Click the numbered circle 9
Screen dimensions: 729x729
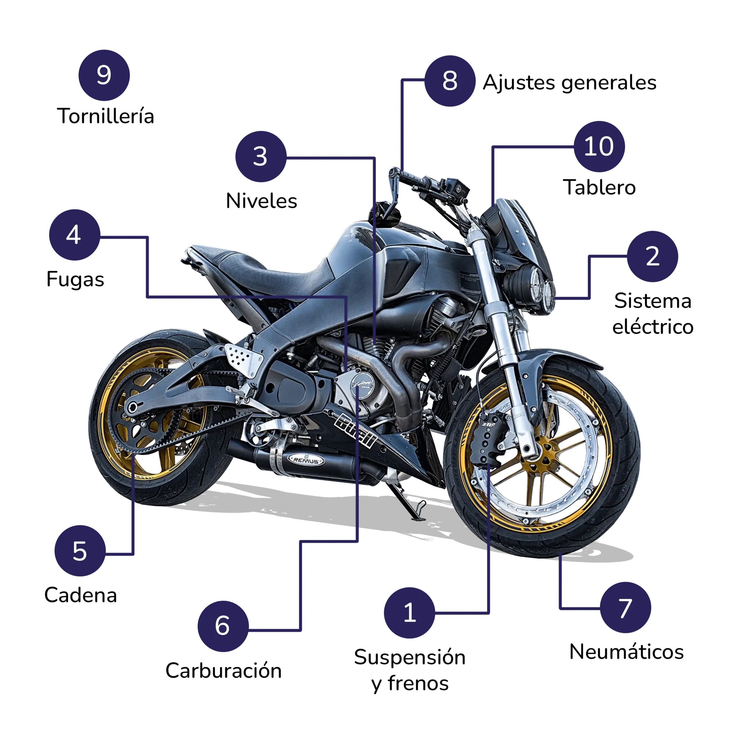pyautogui.click(x=104, y=75)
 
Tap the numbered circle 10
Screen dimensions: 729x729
pyautogui.click(x=599, y=146)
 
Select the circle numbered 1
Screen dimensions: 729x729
pyautogui.click(x=409, y=613)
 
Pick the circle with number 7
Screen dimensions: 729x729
pyautogui.click(x=626, y=607)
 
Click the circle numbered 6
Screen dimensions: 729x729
pyautogui.click(x=223, y=626)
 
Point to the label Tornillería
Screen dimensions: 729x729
pyautogui.click(x=106, y=116)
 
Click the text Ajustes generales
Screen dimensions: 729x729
pyautogui.click(x=570, y=83)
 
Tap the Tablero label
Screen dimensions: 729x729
pyautogui.click(x=599, y=187)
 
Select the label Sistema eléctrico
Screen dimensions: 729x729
pyautogui.click(x=653, y=314)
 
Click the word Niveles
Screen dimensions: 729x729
pyautogui.click(x=261, y=200)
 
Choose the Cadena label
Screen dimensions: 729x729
pyautogui.click(x=80, y=595)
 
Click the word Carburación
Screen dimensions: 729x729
pyautogui.click(x=223, y=671)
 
